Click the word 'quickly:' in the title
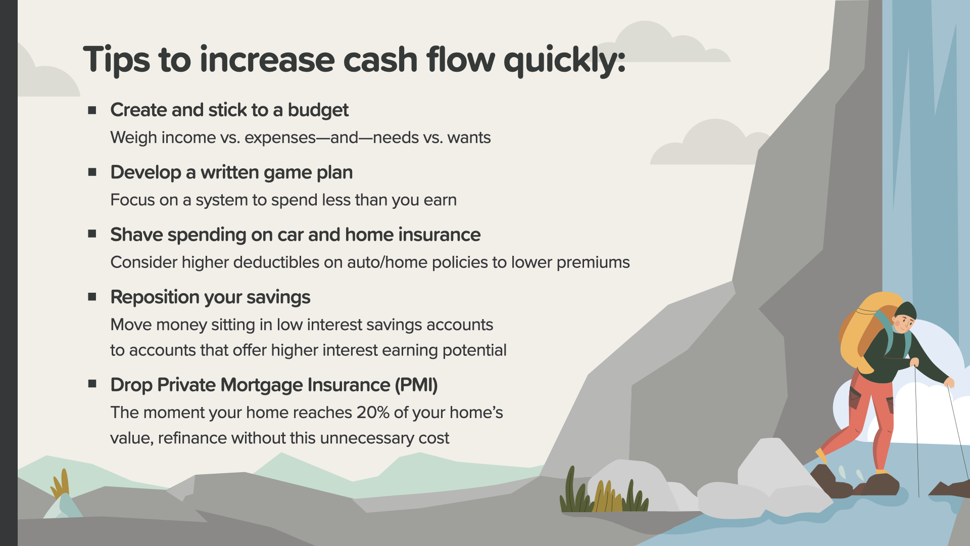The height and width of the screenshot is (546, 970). click(565, 61)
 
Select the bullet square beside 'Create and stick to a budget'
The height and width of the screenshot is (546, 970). click(92, 110)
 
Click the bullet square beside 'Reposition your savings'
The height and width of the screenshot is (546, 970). click(92, 297)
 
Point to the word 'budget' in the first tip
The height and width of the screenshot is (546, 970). click(318, 111)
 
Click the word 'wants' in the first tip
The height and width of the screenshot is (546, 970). click(469, 138)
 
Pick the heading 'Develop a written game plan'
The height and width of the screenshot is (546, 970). click(231, 173)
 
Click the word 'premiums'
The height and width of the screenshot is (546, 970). click(593, 263)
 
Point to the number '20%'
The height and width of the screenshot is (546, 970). click(373, 413)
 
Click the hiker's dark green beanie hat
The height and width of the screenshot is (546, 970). click(906, 310)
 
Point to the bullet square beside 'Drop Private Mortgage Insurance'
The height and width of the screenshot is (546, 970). click(92, 384)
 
